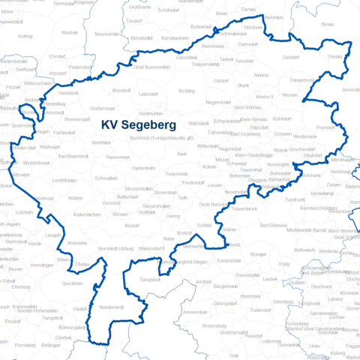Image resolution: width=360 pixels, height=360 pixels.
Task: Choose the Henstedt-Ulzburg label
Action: [x=115, y=247]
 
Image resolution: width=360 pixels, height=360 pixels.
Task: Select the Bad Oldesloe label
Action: [x=273, y=225]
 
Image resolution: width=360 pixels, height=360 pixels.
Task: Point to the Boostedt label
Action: [x=121, y=90]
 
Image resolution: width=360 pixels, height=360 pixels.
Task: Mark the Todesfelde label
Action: [x=177, y=173]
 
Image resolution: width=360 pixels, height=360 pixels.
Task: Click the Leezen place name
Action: [x=216, y=184]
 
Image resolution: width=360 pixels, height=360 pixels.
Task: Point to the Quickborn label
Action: [x=72, y=283]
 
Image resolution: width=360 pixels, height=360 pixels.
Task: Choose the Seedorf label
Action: [x=290, y=57]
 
